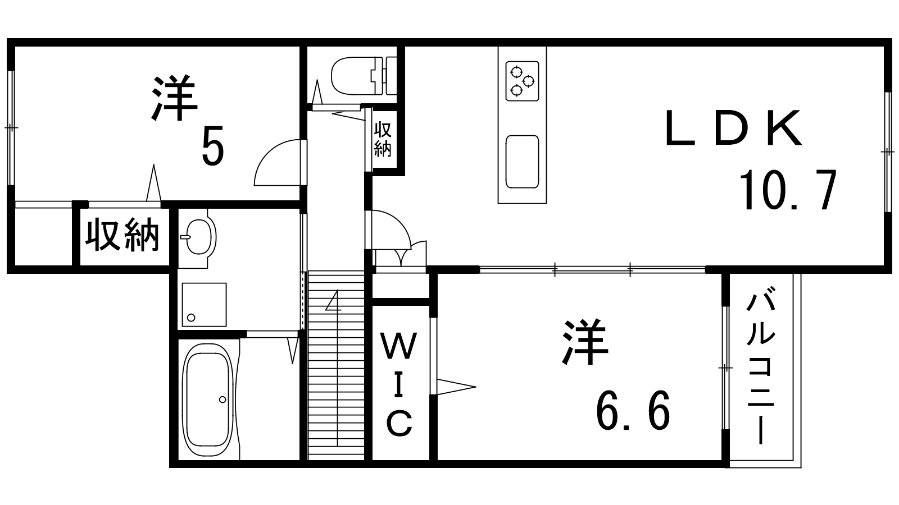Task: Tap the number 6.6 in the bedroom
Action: tap(633, 410)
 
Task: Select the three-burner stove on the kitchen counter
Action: tap(522, 81)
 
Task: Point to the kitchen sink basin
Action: tap(522, 162)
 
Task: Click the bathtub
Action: tap(207, 400)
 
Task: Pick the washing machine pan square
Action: tap(205, 305)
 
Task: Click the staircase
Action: tap(336, 365)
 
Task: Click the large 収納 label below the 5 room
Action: tap(122, 235)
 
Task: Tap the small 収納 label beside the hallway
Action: tap(383, 139)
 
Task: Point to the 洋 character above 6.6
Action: tap(585, 342)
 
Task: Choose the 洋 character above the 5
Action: tap(175, 98)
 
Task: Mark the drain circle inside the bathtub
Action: tap(223, 400)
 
